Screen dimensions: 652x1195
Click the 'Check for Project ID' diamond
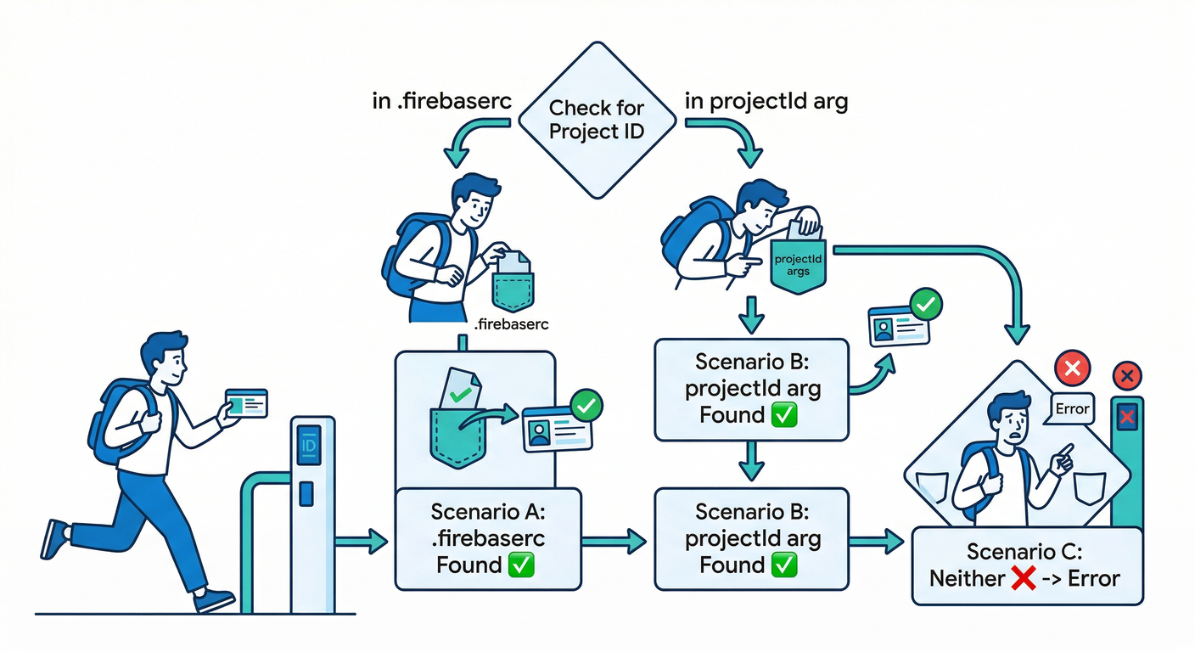pos(596,121)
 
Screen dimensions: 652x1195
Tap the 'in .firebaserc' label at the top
pos(441,103)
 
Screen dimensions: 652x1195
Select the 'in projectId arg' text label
pos(766,103)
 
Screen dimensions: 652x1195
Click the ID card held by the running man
pos(246,402)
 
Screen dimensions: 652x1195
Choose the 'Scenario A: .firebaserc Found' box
pos(488,538)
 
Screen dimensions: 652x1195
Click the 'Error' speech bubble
pos(1071,409)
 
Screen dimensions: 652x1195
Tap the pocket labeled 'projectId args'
pos(798,265)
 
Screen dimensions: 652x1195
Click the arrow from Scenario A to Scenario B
pos(617,539)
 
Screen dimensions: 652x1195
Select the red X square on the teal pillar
pos(1128,417)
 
